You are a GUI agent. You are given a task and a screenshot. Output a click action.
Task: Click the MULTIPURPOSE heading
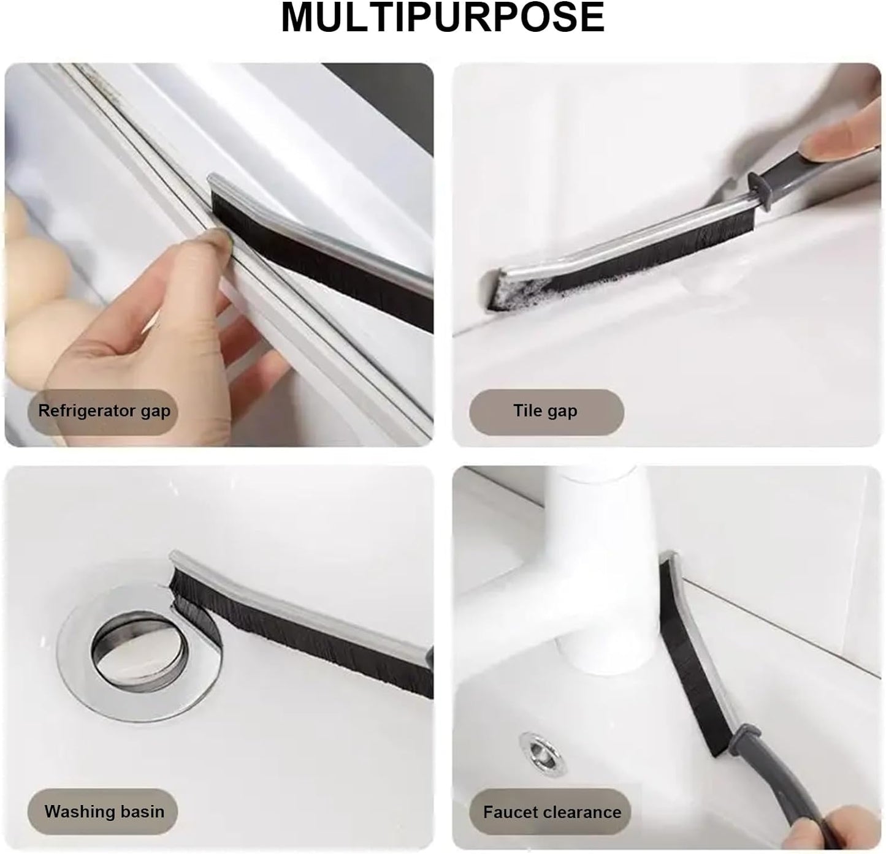pyautogui.click(x=443, y=17)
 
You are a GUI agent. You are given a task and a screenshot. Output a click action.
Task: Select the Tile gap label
pyautogui.click(x=546, y=411)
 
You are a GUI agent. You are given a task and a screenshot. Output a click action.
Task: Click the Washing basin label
pyautogui.click(x=104, y=811)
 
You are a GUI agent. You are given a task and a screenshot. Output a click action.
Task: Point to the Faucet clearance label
pyautogui.click(x=552, y=812)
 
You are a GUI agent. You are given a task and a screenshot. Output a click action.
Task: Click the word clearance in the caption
pyautogui.click(x=581, y=812)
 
